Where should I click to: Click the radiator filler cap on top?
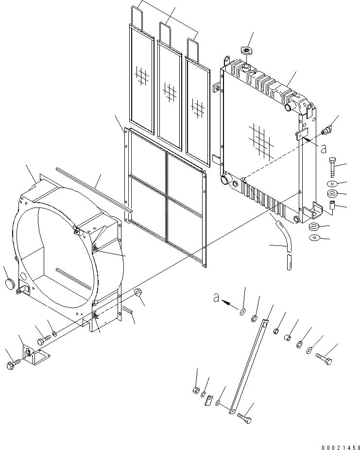pyautogui.click(x=247, y=50)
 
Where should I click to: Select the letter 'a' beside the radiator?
pyautogui.click(x=323, y=148)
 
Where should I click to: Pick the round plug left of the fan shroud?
pyautogui.click(x=9, y=284)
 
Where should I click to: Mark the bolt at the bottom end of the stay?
pyautogui.click(x=245, y=415)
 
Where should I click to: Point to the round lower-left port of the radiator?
pyautogui.click(x=225, y=180)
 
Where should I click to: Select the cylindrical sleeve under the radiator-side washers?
pyautogui.click(x=333, y=207)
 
